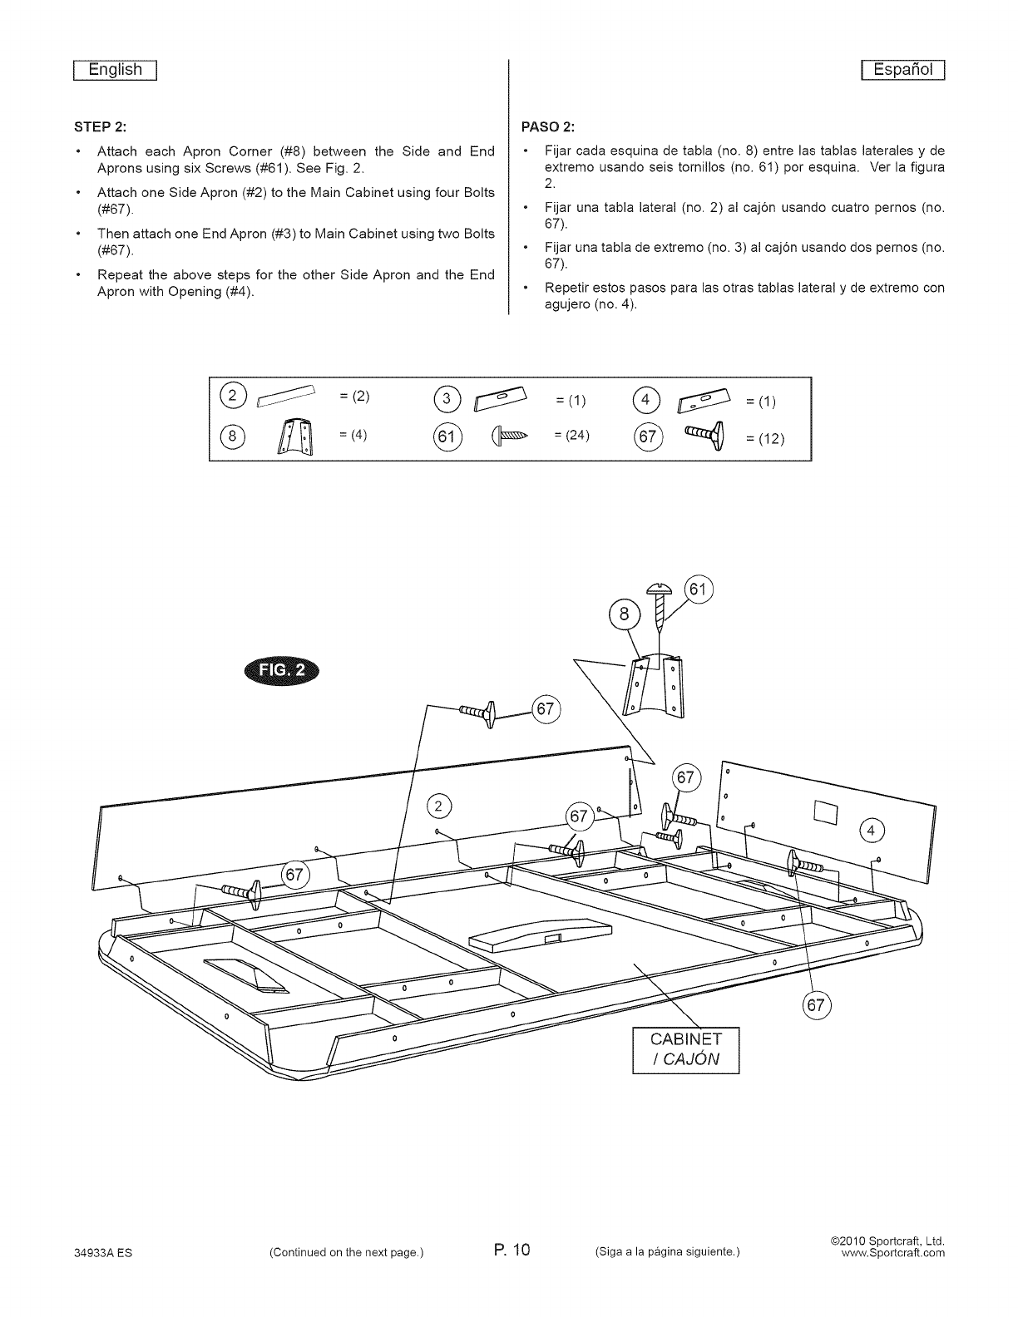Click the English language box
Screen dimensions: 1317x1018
(116, 70)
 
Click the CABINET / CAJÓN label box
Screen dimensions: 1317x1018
(686, 1050)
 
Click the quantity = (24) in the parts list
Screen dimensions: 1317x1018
(571, 435)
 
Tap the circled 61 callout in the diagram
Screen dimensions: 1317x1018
(699, 591)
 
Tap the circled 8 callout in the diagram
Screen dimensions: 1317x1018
(624, 616)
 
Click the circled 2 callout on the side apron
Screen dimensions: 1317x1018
(439, 806)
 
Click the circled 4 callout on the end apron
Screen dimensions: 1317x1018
(871, 831)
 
